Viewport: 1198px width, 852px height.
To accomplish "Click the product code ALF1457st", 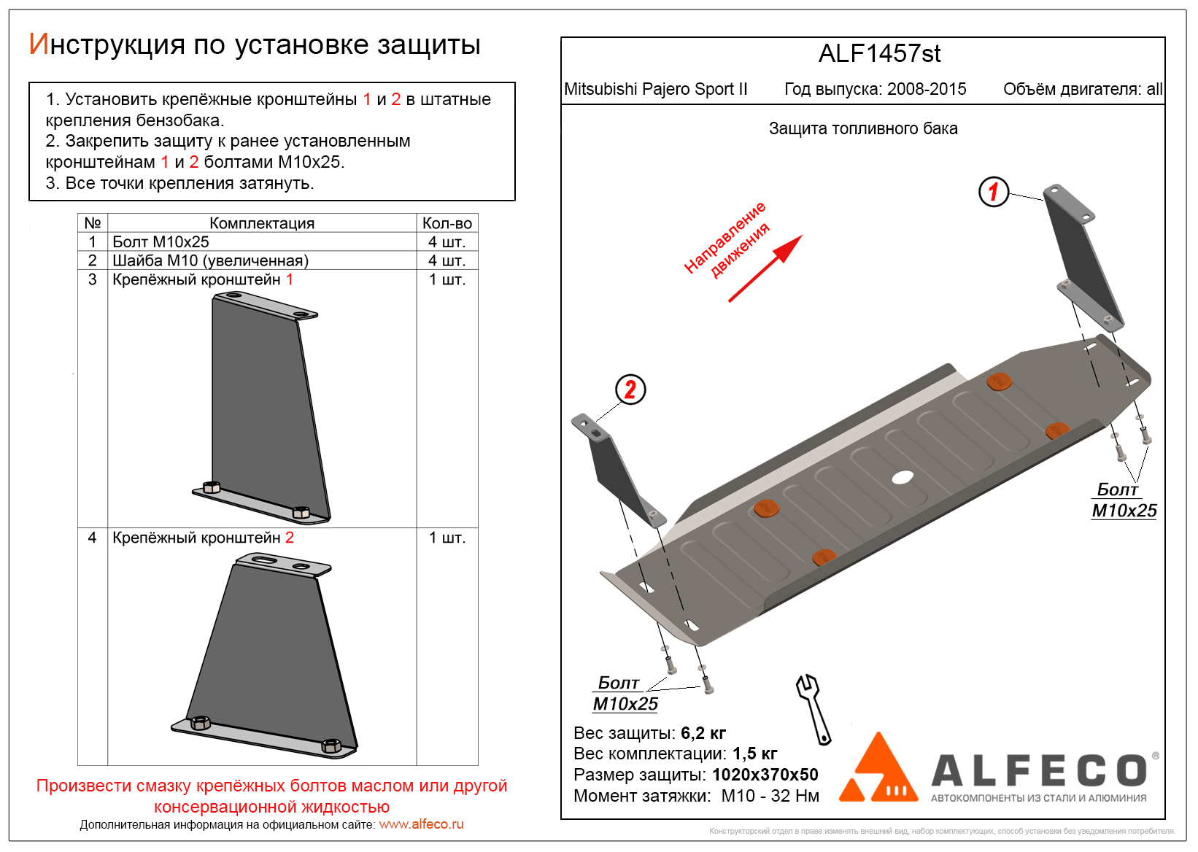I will point(879,54).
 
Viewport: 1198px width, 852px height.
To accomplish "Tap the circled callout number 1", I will point(993,192).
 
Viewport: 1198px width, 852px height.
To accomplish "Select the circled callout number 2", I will point(630,390).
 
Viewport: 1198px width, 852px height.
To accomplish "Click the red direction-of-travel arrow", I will point(765,268).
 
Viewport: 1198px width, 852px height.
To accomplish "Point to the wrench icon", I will point(814,708).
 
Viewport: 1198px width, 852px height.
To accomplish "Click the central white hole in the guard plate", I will point(903,478).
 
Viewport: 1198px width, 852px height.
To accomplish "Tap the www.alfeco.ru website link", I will point(421,824).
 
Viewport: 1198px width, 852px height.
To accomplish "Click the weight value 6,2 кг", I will point(703,733).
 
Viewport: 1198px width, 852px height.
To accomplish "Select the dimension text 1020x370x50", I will point(765,775).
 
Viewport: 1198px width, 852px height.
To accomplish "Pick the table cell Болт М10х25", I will point(161,242).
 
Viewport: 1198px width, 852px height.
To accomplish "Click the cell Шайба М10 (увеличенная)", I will point(210,261).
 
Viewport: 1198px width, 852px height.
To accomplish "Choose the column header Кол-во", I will point(447,223).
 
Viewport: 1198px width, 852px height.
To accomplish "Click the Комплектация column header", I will point(262,223).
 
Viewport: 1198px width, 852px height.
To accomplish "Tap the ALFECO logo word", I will point(1040,771).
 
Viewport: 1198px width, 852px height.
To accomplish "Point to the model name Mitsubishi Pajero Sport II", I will point(655,89).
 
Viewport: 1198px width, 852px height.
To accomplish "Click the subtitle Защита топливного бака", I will point(863,129).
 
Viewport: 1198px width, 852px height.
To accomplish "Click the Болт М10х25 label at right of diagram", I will point(1124,500).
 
